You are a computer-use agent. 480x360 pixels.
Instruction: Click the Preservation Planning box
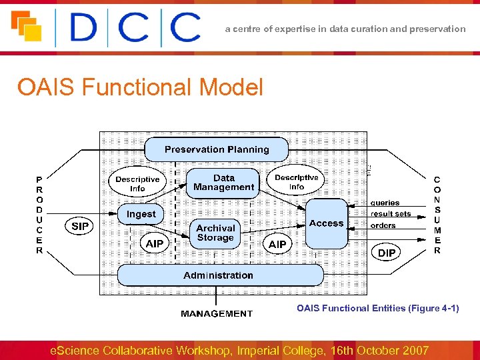[217, 149]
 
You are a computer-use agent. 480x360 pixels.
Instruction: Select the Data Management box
[224, 183]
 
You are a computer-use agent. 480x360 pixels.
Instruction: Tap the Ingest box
[141, 214]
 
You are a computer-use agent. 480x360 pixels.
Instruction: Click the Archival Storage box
[215, 233]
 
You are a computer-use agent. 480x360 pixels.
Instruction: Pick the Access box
[326, 223]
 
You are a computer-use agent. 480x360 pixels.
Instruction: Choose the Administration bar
[219, 275]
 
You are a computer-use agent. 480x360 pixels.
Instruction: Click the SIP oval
[80, 227]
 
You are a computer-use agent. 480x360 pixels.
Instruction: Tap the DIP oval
[387, 253]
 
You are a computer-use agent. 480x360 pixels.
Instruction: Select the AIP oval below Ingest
[155, 244]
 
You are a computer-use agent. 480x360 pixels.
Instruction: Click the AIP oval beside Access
[277, 245]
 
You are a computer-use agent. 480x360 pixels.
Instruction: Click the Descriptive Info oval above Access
[297, 182]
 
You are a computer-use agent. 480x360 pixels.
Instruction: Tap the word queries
[385, 203]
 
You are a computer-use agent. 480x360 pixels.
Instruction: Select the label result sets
[391, 214]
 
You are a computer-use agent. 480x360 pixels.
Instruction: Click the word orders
[383, 225]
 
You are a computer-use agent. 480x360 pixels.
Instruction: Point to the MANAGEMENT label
[217, 313]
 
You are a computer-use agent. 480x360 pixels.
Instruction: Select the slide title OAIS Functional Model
[140, 87]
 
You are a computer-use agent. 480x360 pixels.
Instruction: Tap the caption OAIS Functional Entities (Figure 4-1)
[378, 308]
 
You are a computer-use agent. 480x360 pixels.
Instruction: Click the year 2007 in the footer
[413, 351]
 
